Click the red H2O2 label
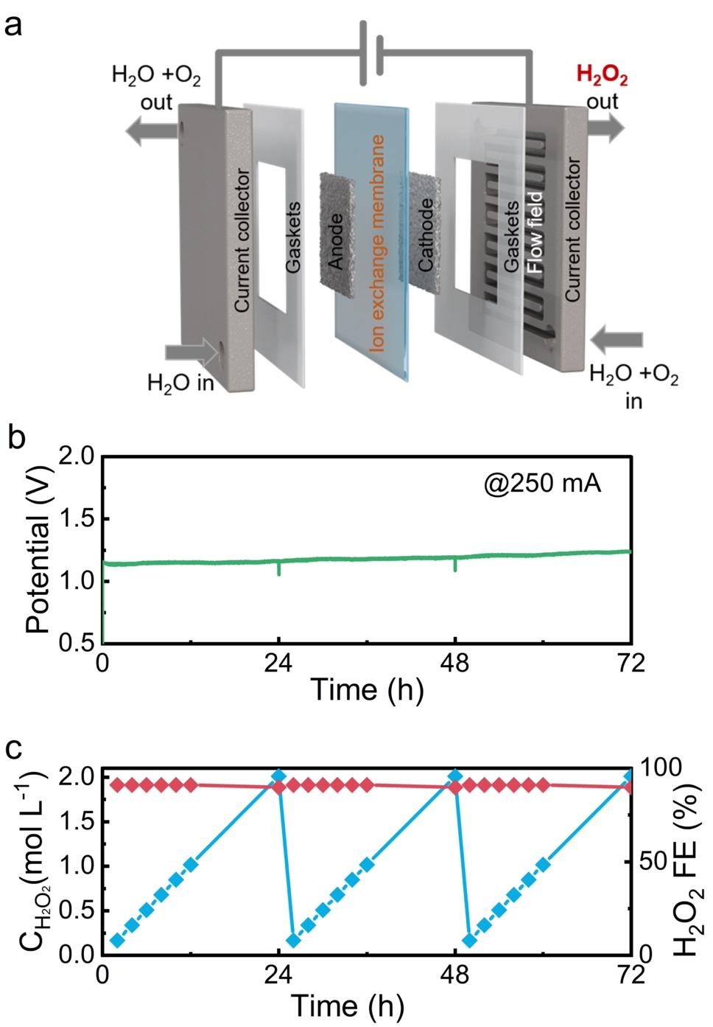tap(601, 75)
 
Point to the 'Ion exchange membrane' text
tap(377, 243)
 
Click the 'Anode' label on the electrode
tap(336, 242)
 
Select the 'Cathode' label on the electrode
tap(426, 234)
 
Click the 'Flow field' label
tap(535, 233)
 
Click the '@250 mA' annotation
tap(542, 483)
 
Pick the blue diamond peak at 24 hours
tap(278, 776)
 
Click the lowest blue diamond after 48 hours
tap(469, 941)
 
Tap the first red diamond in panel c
tap(116, 784)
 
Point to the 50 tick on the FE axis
tap(652, 861)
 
